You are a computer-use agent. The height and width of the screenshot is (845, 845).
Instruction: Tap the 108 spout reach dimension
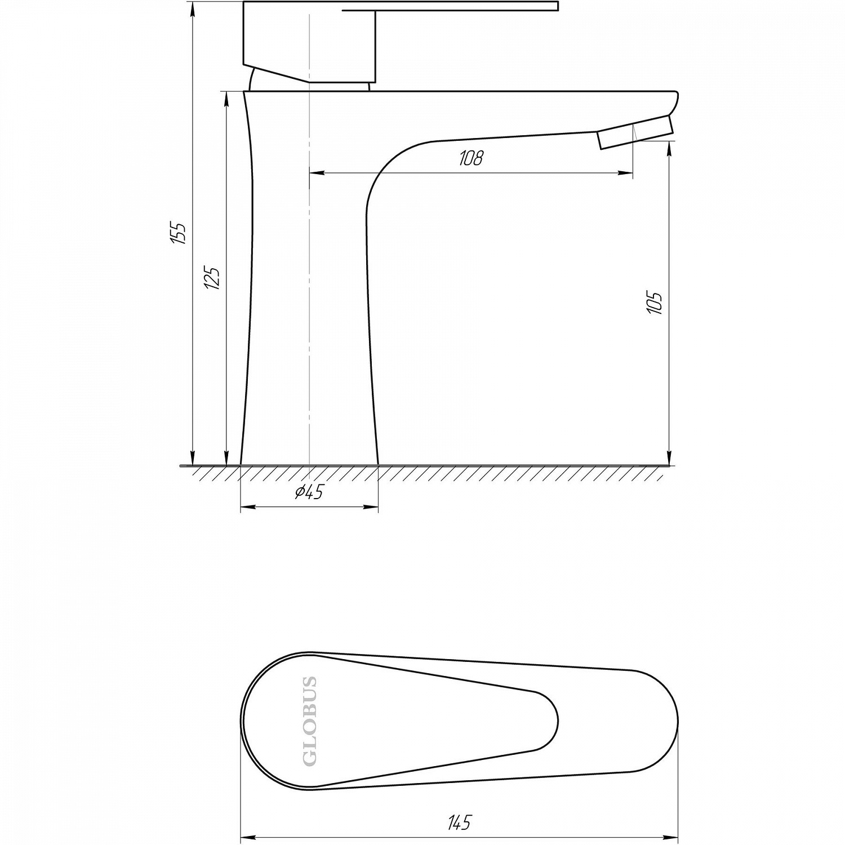tap(471, 158)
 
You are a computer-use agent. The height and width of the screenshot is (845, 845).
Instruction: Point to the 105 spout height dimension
tap(655, 303)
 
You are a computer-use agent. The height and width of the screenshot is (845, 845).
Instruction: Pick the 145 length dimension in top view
tap(459, 823)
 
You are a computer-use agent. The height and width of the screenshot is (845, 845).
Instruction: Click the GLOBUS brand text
tap(310, 721)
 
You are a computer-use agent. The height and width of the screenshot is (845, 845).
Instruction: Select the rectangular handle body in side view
tap(309, 42)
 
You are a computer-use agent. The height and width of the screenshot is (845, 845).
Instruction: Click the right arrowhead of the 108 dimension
tap(626, 174)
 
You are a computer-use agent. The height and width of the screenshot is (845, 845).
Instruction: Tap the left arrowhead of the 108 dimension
tap(317, 174)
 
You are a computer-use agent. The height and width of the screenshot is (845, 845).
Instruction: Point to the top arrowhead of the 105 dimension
tap(669, 148)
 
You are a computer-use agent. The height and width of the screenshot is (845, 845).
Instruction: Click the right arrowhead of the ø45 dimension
tap(371, 508)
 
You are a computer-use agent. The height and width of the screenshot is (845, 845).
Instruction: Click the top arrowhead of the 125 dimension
tap(226, 98)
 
